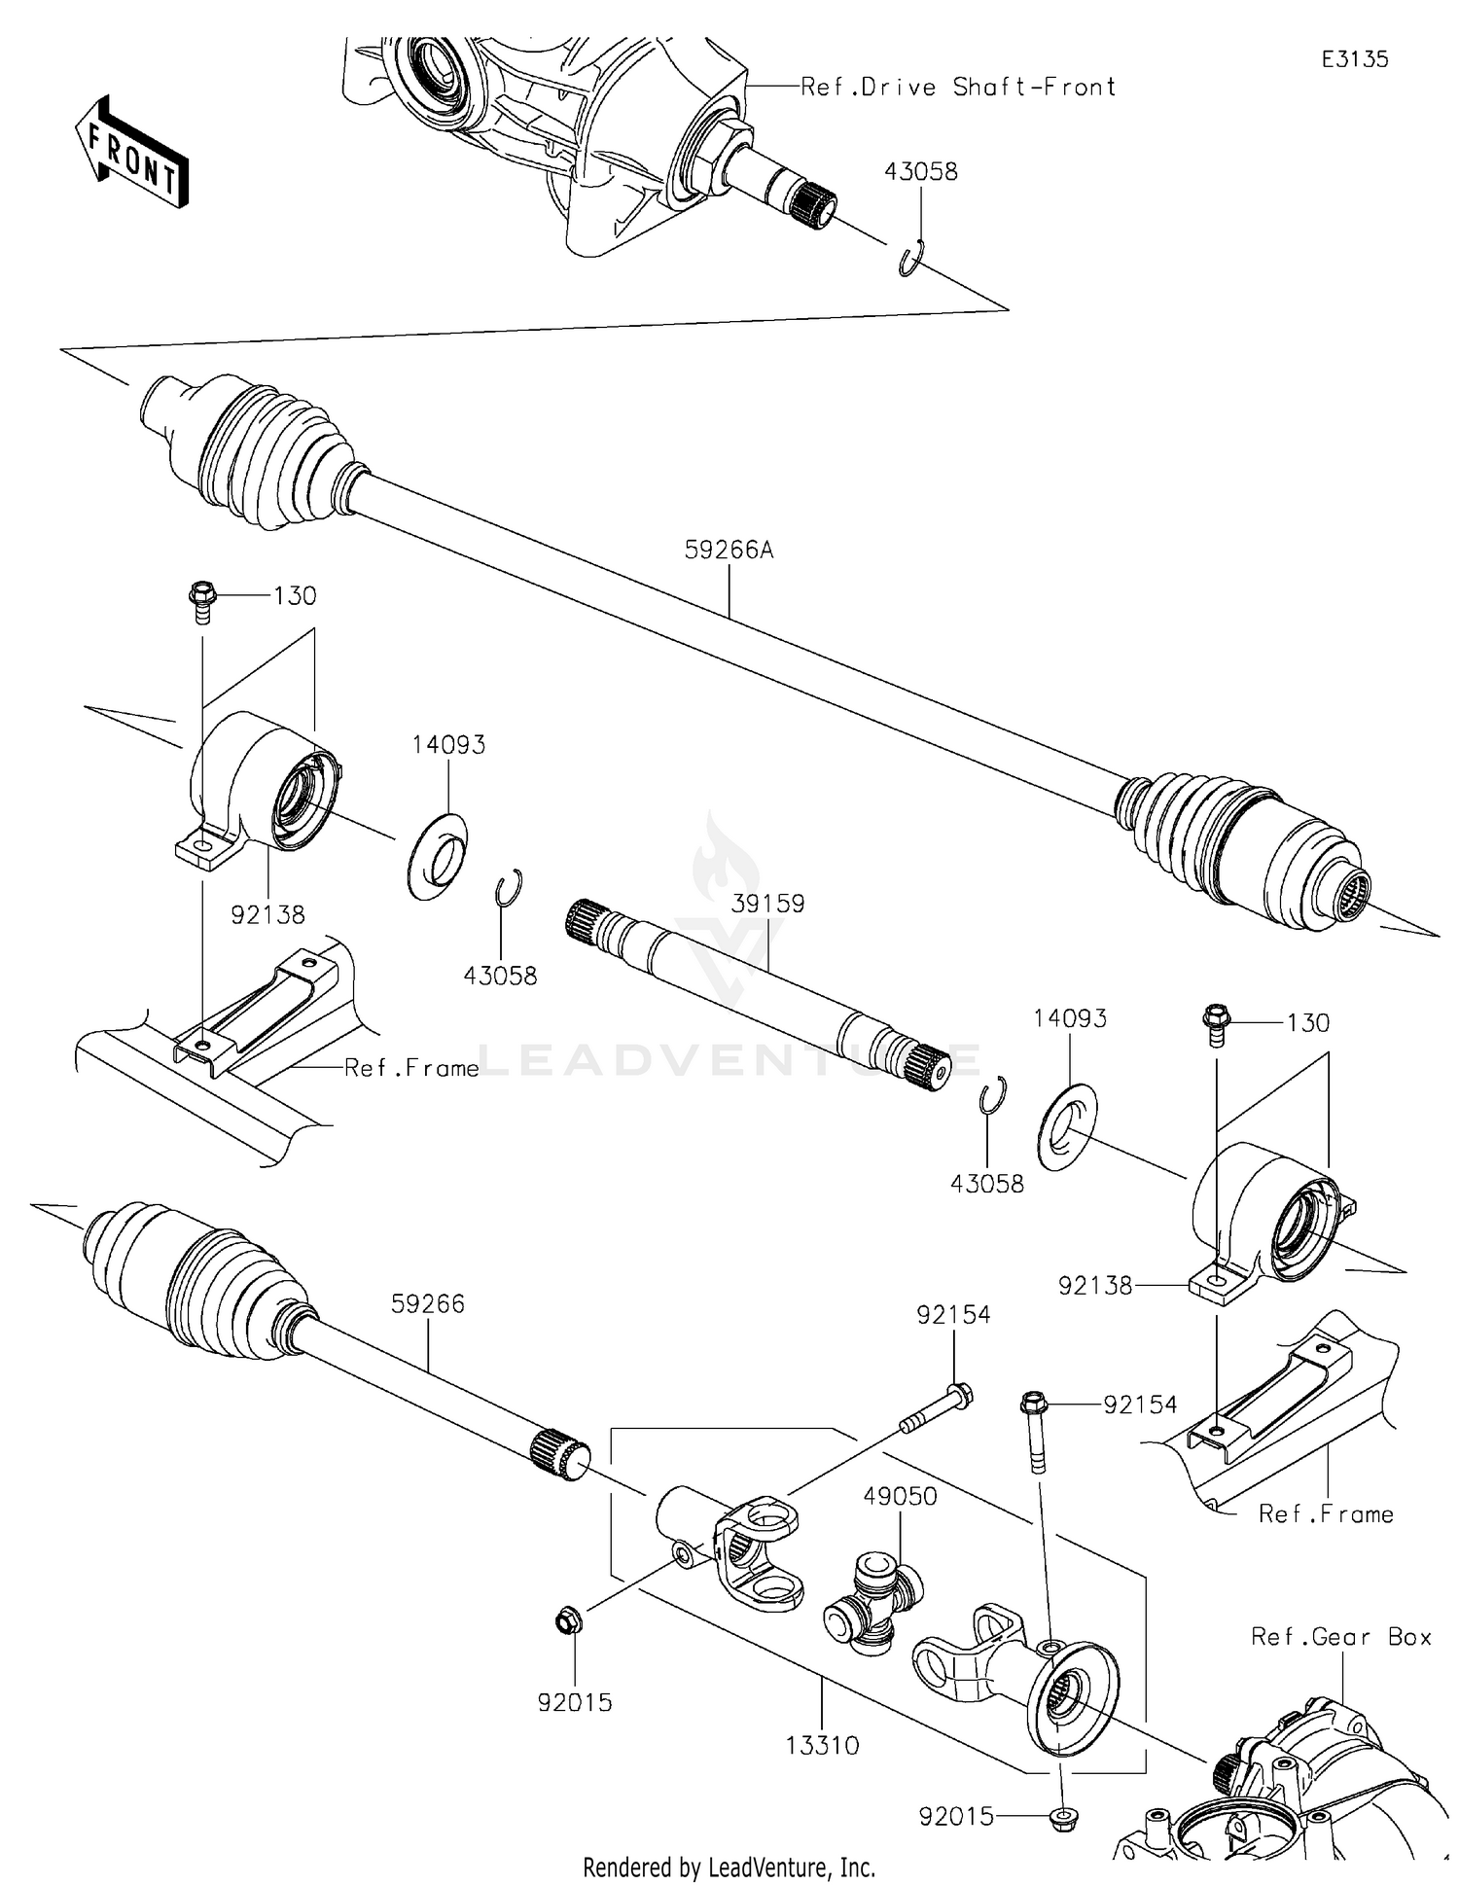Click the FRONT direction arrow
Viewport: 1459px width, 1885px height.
tap(131, 153)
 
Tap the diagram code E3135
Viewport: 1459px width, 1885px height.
tap(1354, 59)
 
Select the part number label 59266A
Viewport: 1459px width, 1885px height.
tap(729, 551)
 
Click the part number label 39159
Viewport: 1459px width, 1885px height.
tap(767, 904)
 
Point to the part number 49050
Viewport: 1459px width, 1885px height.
tap(900, 1496)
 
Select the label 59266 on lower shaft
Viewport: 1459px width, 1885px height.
tap(427, 1303)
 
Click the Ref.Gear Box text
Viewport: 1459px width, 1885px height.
tap(1340, 1637)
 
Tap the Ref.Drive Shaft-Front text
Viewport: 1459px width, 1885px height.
tap(957, 88)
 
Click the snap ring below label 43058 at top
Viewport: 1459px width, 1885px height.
tap(911, 260)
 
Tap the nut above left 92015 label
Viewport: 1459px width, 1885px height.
tap(565, 1620)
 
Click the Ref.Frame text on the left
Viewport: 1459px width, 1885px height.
tap(411, 1068)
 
